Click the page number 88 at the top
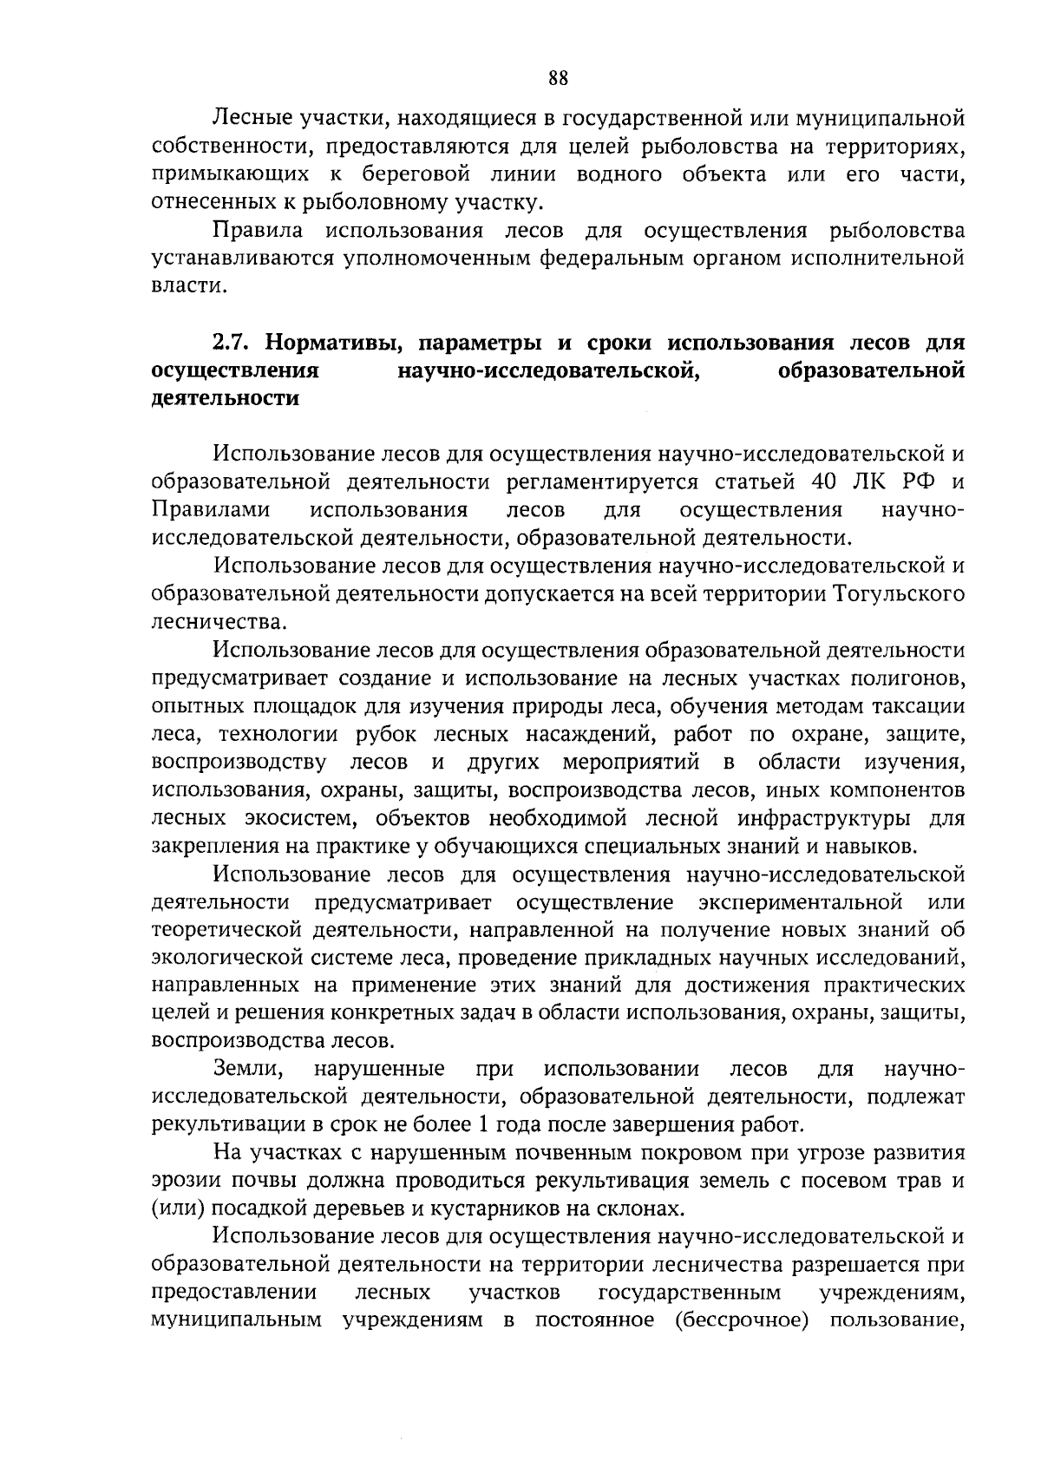(x=558, y=79)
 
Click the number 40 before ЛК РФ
(x=825, y=481)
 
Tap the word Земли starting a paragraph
(x=246, y=1069)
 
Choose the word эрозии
(x=182, y=1182)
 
